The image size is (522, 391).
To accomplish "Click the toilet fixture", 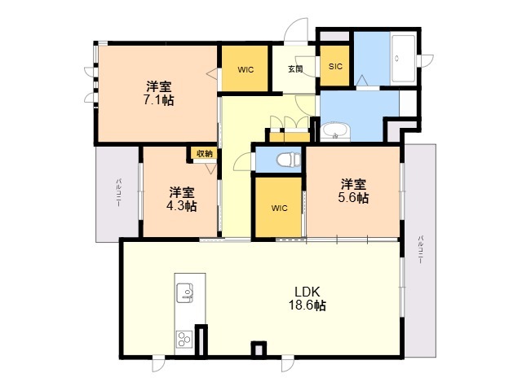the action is [288, 160].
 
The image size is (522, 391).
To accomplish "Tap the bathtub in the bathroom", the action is [403, 59].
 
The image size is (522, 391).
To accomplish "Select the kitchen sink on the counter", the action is [185, 292].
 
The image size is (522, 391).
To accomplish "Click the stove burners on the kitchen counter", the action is [184, 339].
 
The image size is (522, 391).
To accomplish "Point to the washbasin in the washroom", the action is [335, 132].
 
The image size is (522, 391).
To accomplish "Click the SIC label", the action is [335, 67].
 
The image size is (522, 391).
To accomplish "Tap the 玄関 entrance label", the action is [295, 69].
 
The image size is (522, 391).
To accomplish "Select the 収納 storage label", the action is [205, 153].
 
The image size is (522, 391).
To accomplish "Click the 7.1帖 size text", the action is [159, 100].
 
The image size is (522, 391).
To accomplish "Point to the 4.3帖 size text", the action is [181, 206].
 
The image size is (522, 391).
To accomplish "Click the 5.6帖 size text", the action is [353, 197].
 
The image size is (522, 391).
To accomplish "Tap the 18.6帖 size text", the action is [307, 305].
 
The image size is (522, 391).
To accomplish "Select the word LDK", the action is [307, 292].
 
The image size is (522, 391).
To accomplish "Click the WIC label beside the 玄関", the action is [246, 70].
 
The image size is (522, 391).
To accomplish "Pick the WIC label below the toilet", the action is [279, 209].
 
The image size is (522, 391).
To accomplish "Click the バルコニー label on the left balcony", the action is [117, 193].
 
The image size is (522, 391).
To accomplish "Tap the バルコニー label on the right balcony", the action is [421, 249].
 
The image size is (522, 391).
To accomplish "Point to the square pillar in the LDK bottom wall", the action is [259, 349].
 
